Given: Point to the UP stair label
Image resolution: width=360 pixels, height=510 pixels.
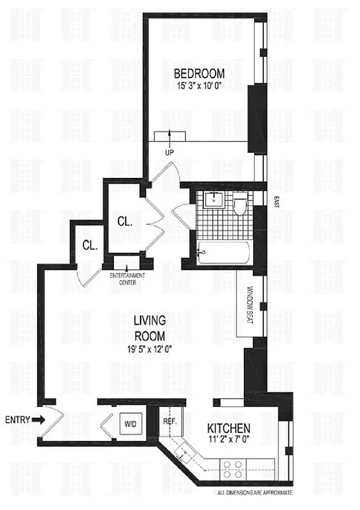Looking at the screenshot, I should [169, 152].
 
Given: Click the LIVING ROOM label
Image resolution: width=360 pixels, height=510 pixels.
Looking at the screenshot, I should [150, 326].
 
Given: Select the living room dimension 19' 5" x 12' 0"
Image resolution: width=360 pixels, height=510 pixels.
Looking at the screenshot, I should [150, 348].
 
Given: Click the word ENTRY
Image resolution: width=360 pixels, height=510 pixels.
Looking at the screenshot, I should [16, 419].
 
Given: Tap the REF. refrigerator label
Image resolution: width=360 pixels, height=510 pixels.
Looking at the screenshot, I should [169, 421].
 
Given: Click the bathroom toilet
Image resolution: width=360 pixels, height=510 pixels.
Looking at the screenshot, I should [240, 205].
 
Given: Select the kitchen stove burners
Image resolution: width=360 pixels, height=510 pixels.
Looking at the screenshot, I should [233, 469].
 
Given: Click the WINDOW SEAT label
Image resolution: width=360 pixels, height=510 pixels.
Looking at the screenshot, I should [250, 304].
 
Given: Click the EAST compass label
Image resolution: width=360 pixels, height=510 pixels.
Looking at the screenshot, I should [276, 202].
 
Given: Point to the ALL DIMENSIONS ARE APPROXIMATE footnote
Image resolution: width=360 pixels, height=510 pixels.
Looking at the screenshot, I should [255, 493].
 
